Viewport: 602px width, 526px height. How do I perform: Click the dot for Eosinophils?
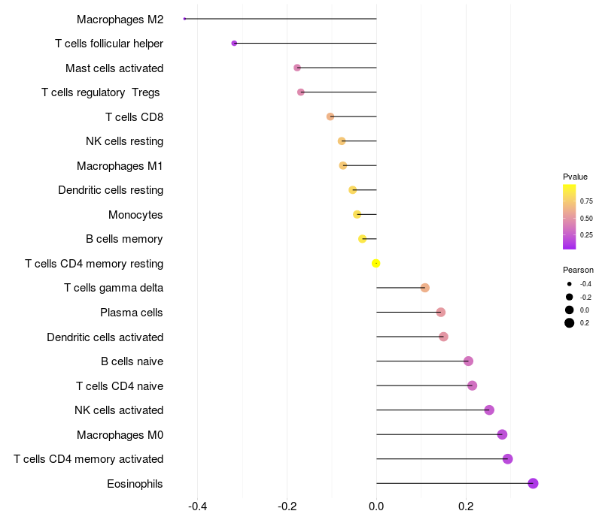(533, 483)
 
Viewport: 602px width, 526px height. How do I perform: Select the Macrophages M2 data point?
(184, 19)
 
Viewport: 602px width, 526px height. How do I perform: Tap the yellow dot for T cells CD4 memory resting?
(376, 263)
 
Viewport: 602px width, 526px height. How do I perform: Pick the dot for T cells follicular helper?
(234, 44)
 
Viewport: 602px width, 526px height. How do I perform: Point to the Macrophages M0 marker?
(502, 434)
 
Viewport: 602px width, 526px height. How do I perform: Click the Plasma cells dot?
(441, 312)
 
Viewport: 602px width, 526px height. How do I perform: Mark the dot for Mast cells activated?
(297, 68)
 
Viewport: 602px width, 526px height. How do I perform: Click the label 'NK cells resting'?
(124, 141)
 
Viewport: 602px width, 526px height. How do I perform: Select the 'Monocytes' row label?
(135, 215)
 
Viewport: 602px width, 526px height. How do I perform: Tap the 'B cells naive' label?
(132, 361)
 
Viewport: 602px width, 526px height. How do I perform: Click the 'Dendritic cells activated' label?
(105, 337)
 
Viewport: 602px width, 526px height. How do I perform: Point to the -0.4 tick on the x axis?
(197, 506)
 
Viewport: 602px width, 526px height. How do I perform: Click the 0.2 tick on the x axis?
(466, 506)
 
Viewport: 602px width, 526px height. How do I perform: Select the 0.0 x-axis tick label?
(376, 506)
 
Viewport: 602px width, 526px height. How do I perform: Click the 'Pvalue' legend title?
(575, 177)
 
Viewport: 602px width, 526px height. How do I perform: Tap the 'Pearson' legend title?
(578, 270)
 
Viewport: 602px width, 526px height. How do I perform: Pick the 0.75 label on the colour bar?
(586, 201)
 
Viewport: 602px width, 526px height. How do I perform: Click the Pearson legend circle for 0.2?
(570, 323)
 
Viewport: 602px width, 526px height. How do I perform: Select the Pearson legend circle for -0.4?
(570, 284)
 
